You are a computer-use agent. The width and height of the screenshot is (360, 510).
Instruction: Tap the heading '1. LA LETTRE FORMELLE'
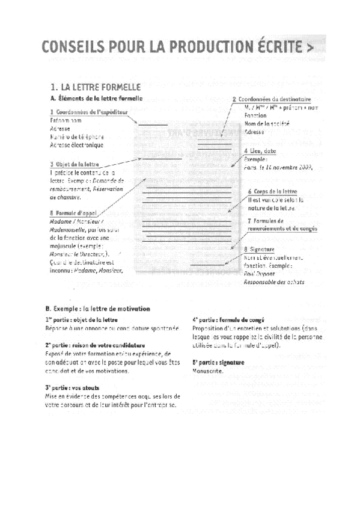click(x=96, y=87)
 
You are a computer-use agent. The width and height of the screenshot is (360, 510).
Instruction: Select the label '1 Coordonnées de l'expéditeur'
click(x=88, y=112)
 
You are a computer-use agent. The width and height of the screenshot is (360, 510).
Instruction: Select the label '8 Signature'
click(x=260, y=250)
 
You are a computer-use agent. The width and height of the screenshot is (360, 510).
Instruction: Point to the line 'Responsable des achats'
click(x=274, y=281)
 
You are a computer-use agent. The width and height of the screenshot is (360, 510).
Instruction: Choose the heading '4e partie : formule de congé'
click(x=228, y=320)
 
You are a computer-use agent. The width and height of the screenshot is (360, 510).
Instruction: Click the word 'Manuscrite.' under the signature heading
click(x=207, y=371)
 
